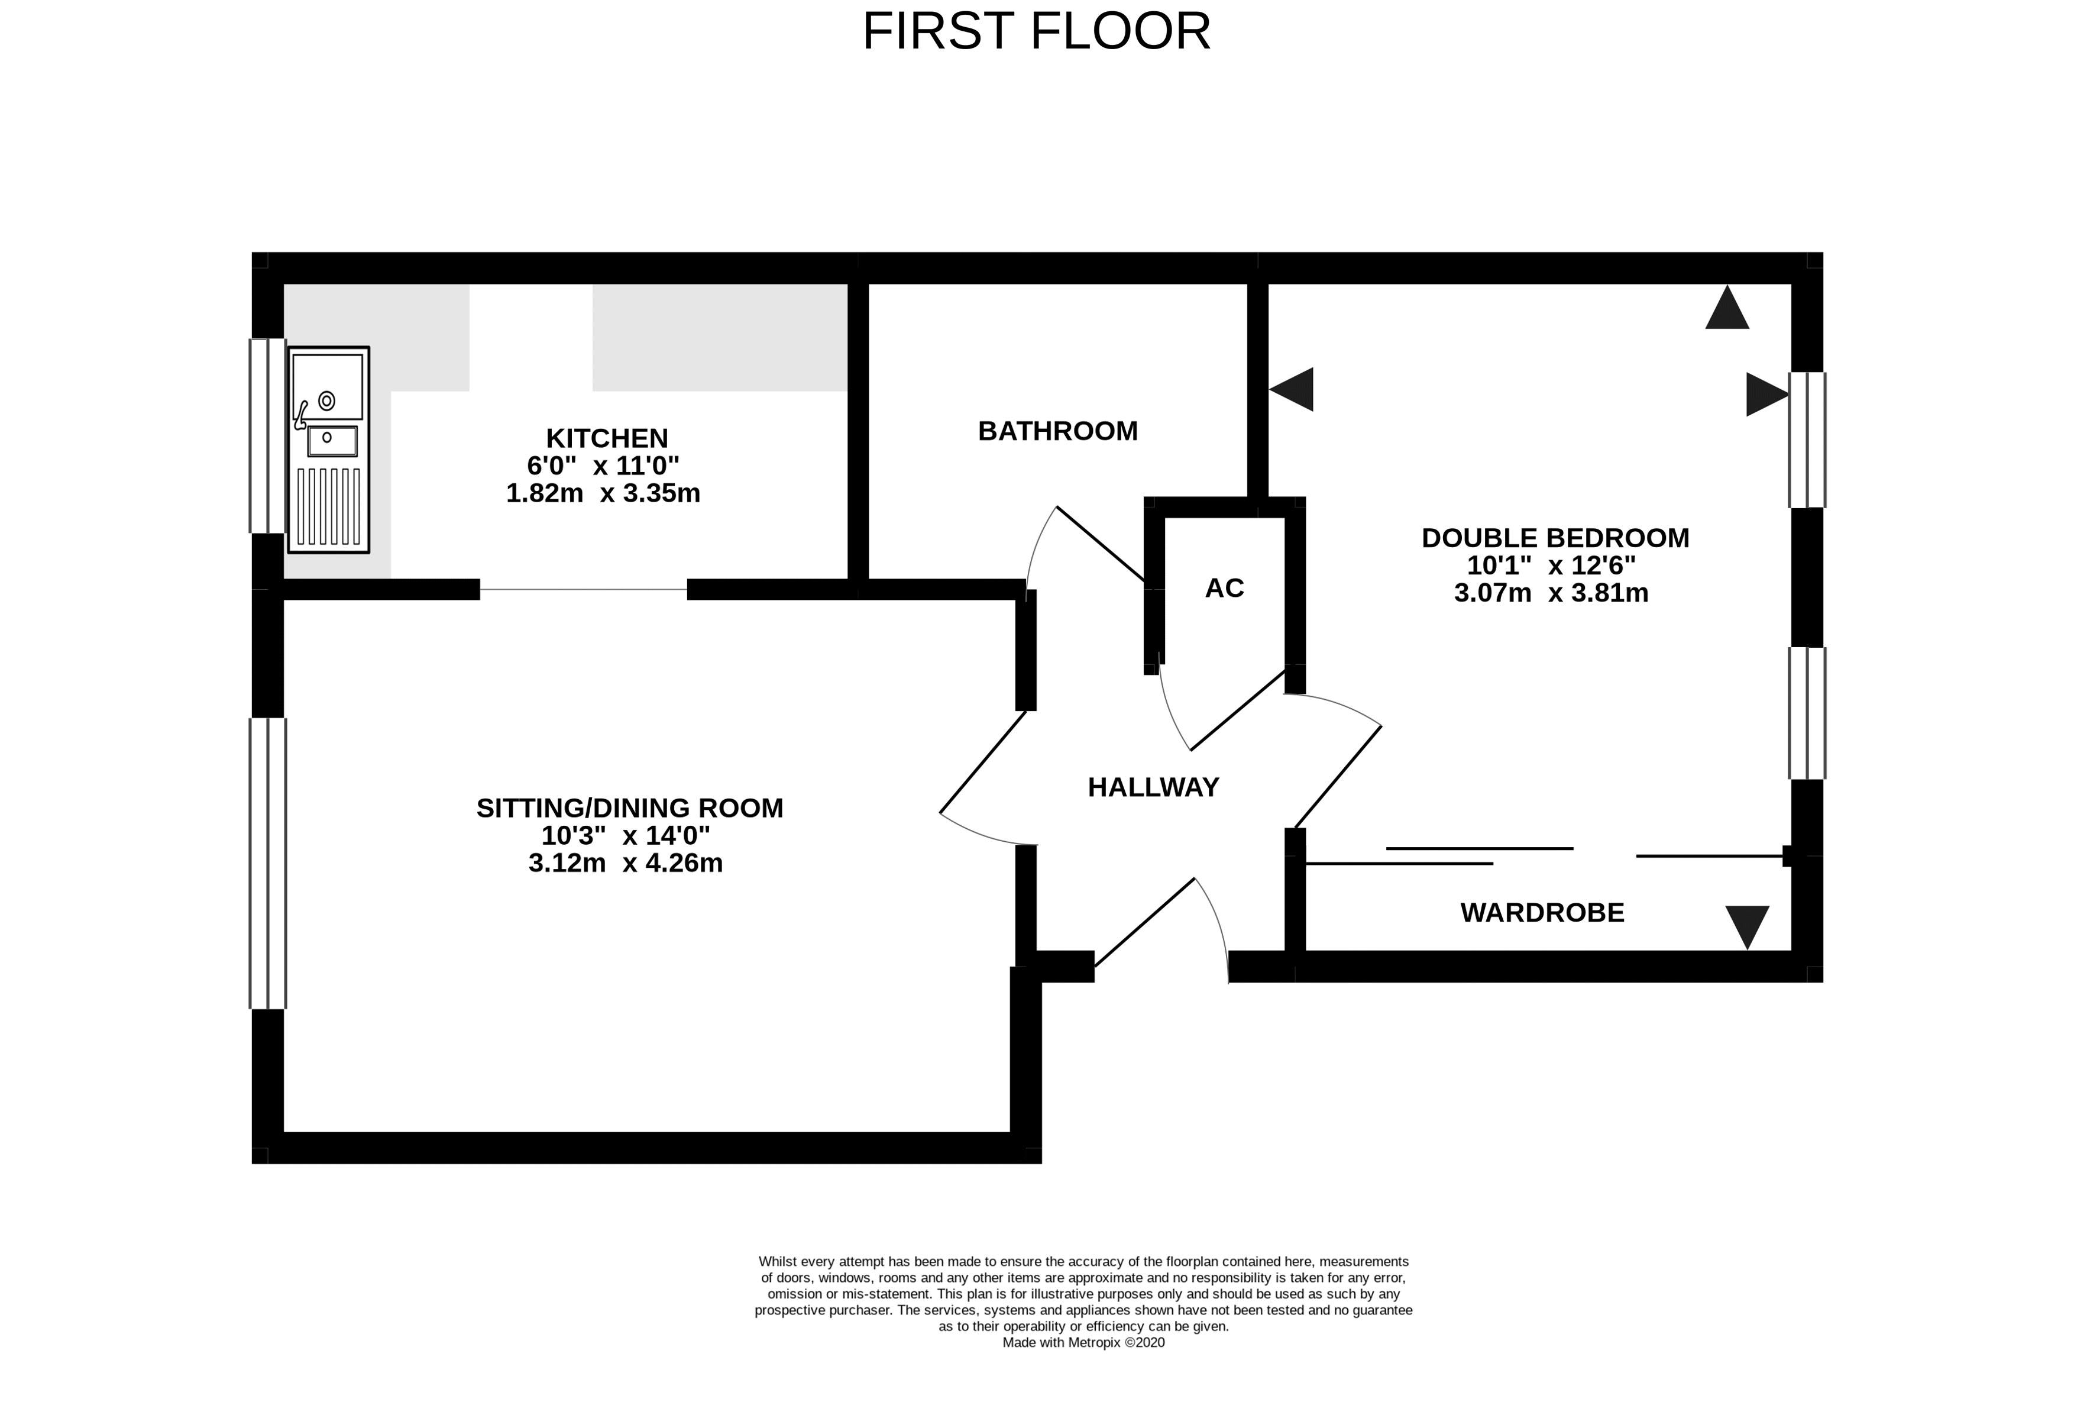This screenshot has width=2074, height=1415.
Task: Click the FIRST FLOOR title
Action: [x=1036, y=31]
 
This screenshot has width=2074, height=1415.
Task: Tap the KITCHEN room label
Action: [x=607, y=438]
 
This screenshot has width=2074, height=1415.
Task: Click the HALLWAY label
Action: [x=1153, y=787]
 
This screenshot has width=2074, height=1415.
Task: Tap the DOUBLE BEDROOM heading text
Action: [x=1555, y=538]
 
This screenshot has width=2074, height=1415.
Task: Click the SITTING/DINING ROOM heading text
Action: [x=629, y=808]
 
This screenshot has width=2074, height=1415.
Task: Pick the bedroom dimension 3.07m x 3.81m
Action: [x=1551, y=593]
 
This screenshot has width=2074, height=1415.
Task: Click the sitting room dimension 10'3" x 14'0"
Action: [x=626, y=836]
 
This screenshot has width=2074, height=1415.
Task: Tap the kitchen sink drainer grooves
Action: [x=328, y=506]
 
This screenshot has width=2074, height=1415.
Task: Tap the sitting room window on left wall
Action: [x=268, y=863]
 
